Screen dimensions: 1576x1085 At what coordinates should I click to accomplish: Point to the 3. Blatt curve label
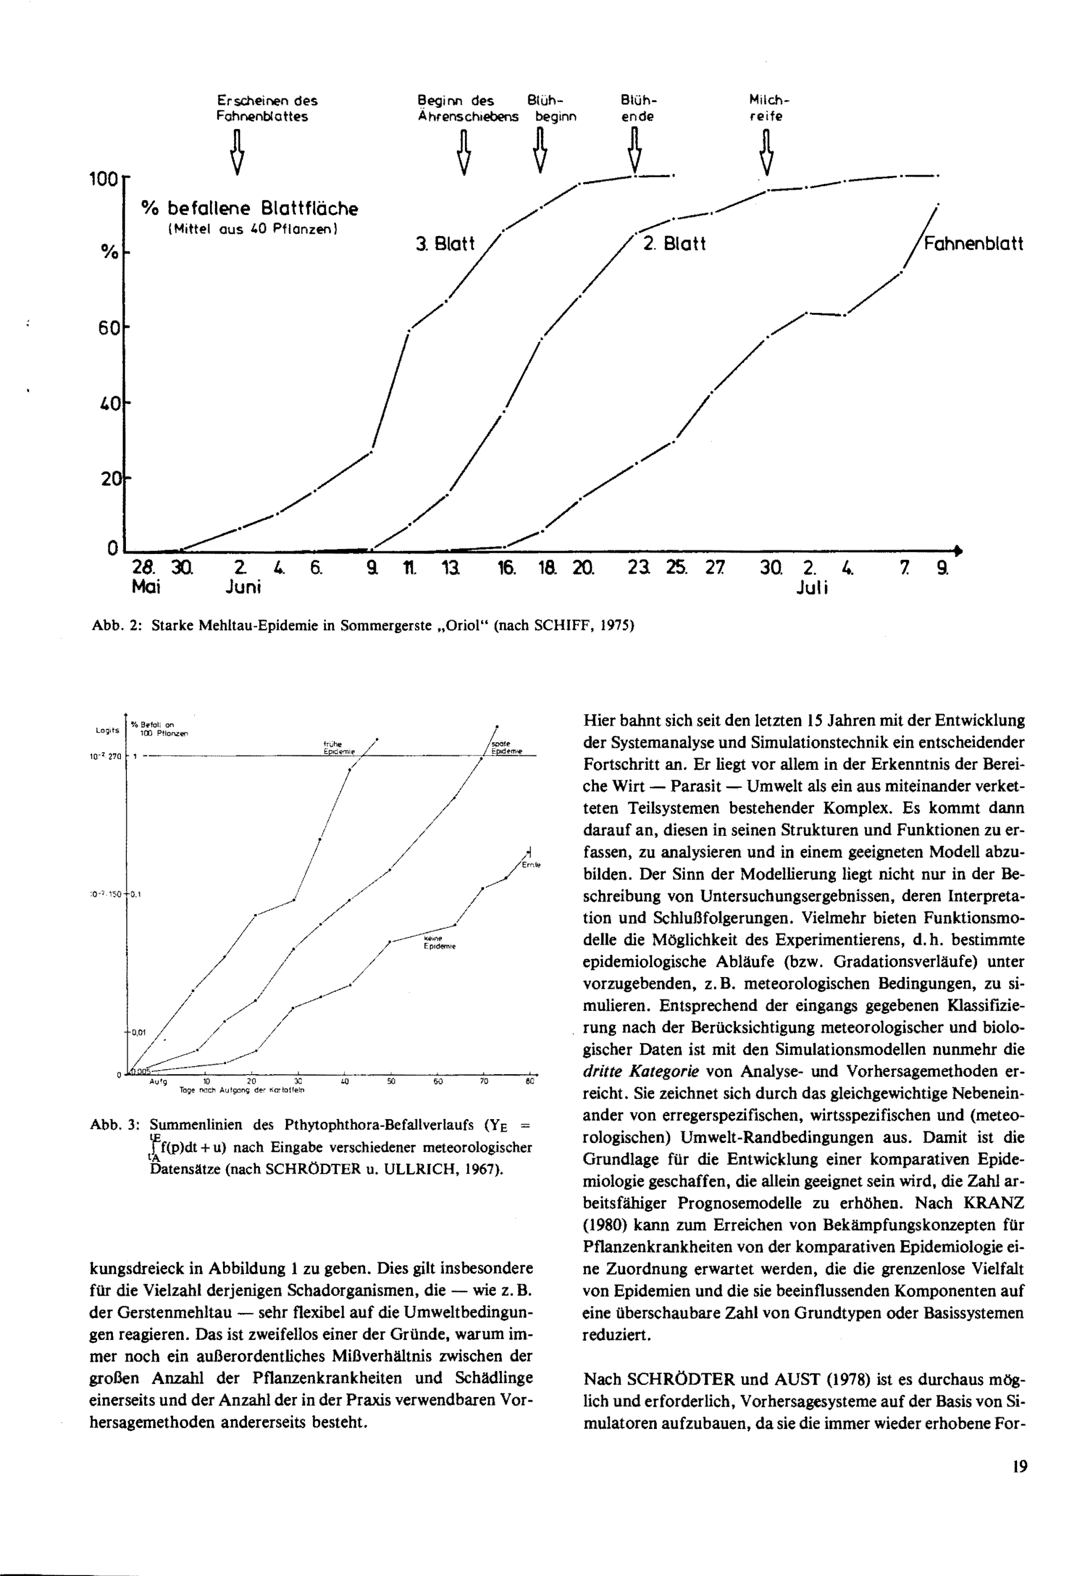pyautogui.click(x=445, y=244)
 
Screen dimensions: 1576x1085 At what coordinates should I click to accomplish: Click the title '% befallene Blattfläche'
pyautogui.click(x=249, y=208)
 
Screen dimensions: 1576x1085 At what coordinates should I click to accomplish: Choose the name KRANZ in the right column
pyautogui.click(x=994, y=1203)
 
